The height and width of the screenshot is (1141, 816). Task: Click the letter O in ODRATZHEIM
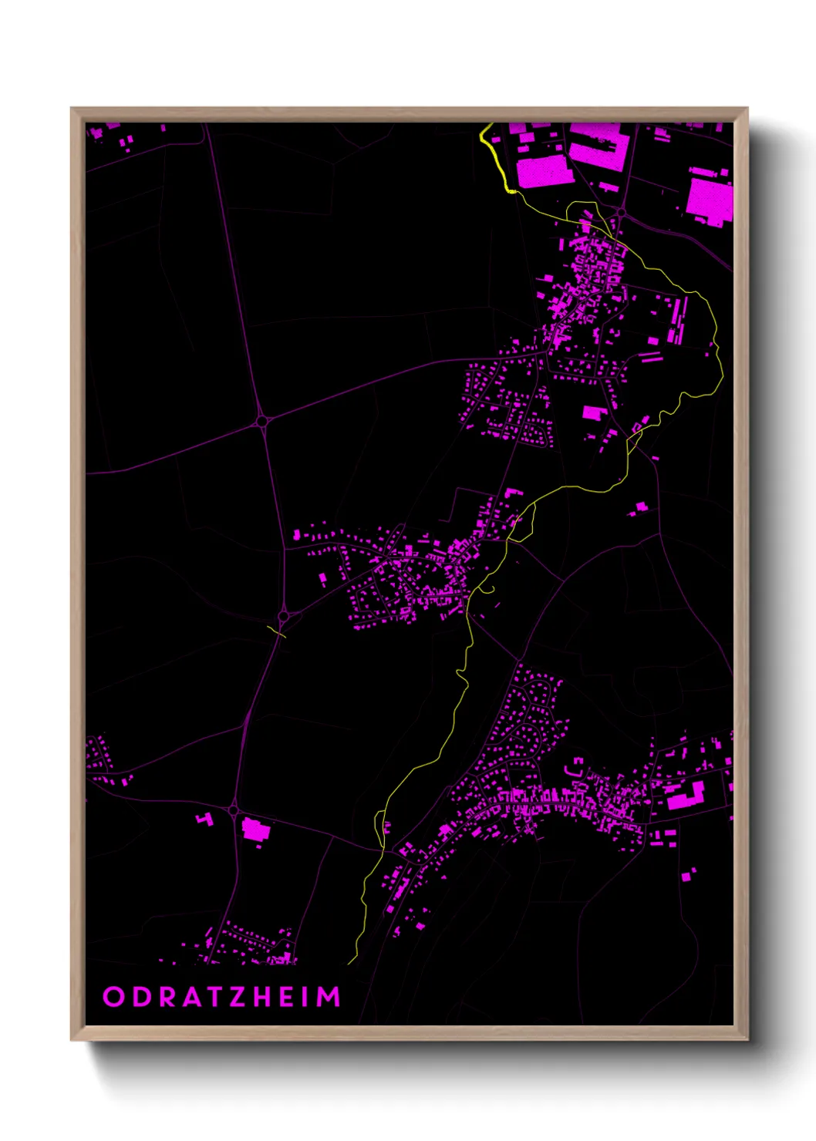(x=113, y=997)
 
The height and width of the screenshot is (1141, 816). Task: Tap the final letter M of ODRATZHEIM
(x=330, y=997)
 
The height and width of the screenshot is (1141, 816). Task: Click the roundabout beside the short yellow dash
(x=283, y=617)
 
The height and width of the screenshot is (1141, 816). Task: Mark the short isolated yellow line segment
(x=276, y=632)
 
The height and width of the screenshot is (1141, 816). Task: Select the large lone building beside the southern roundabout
(x=254, y=830)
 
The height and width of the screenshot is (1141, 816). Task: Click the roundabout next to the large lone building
(x=233, y=810)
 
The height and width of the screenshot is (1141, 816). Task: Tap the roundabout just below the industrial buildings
(x=620, y=211)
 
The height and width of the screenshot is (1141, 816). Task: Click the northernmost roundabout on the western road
(x=262, y=421)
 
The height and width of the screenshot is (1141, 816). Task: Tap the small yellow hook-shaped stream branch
(x=487, y=591)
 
